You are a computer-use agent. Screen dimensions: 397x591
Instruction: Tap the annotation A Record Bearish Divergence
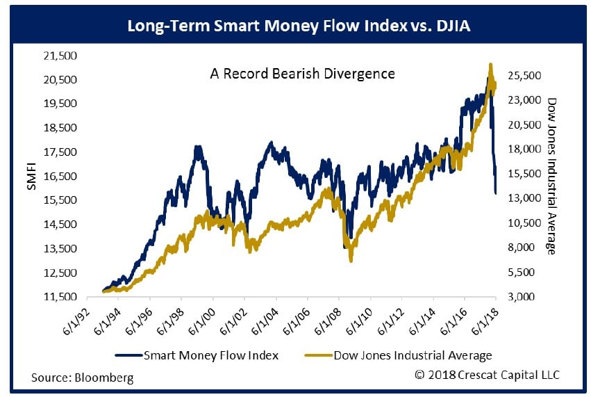point(302,73)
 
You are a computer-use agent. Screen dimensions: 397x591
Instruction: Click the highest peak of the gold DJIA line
point(490,65)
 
